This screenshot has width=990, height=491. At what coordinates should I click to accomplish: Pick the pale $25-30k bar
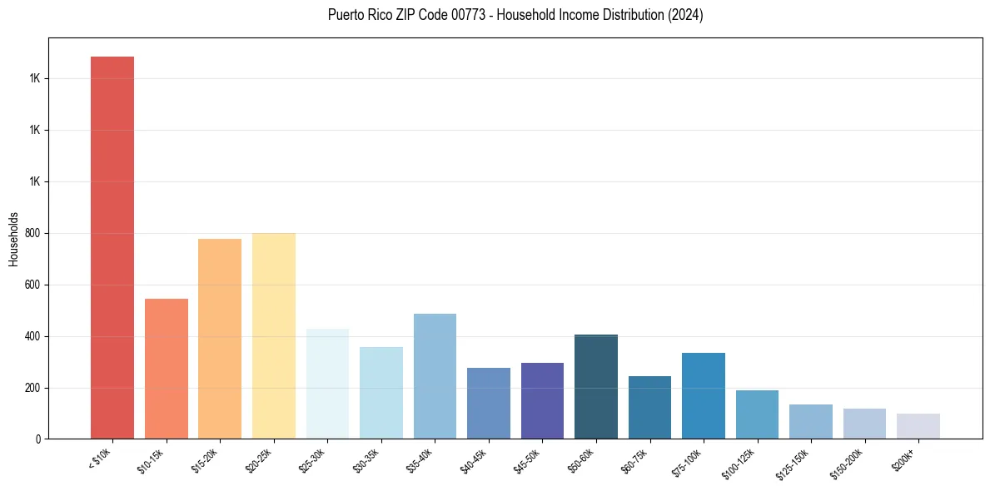pyautogui.click(x=327, y=384)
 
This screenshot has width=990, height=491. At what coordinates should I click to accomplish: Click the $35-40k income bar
pyautogui.click(x=435, y=376)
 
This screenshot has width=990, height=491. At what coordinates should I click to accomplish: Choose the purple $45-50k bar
pyautogui.click(x=542, y=400)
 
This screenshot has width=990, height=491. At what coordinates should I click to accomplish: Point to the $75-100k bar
pyautogui.click(x=703, y=395)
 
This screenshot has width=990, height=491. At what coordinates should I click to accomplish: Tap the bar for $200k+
pyautogui.click(x=918, y=426)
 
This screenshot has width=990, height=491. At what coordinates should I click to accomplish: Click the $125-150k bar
pyautogui.click(x=810, y=421)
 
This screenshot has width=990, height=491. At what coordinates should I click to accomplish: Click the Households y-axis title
pyautogui.click(x=14, y=238)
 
